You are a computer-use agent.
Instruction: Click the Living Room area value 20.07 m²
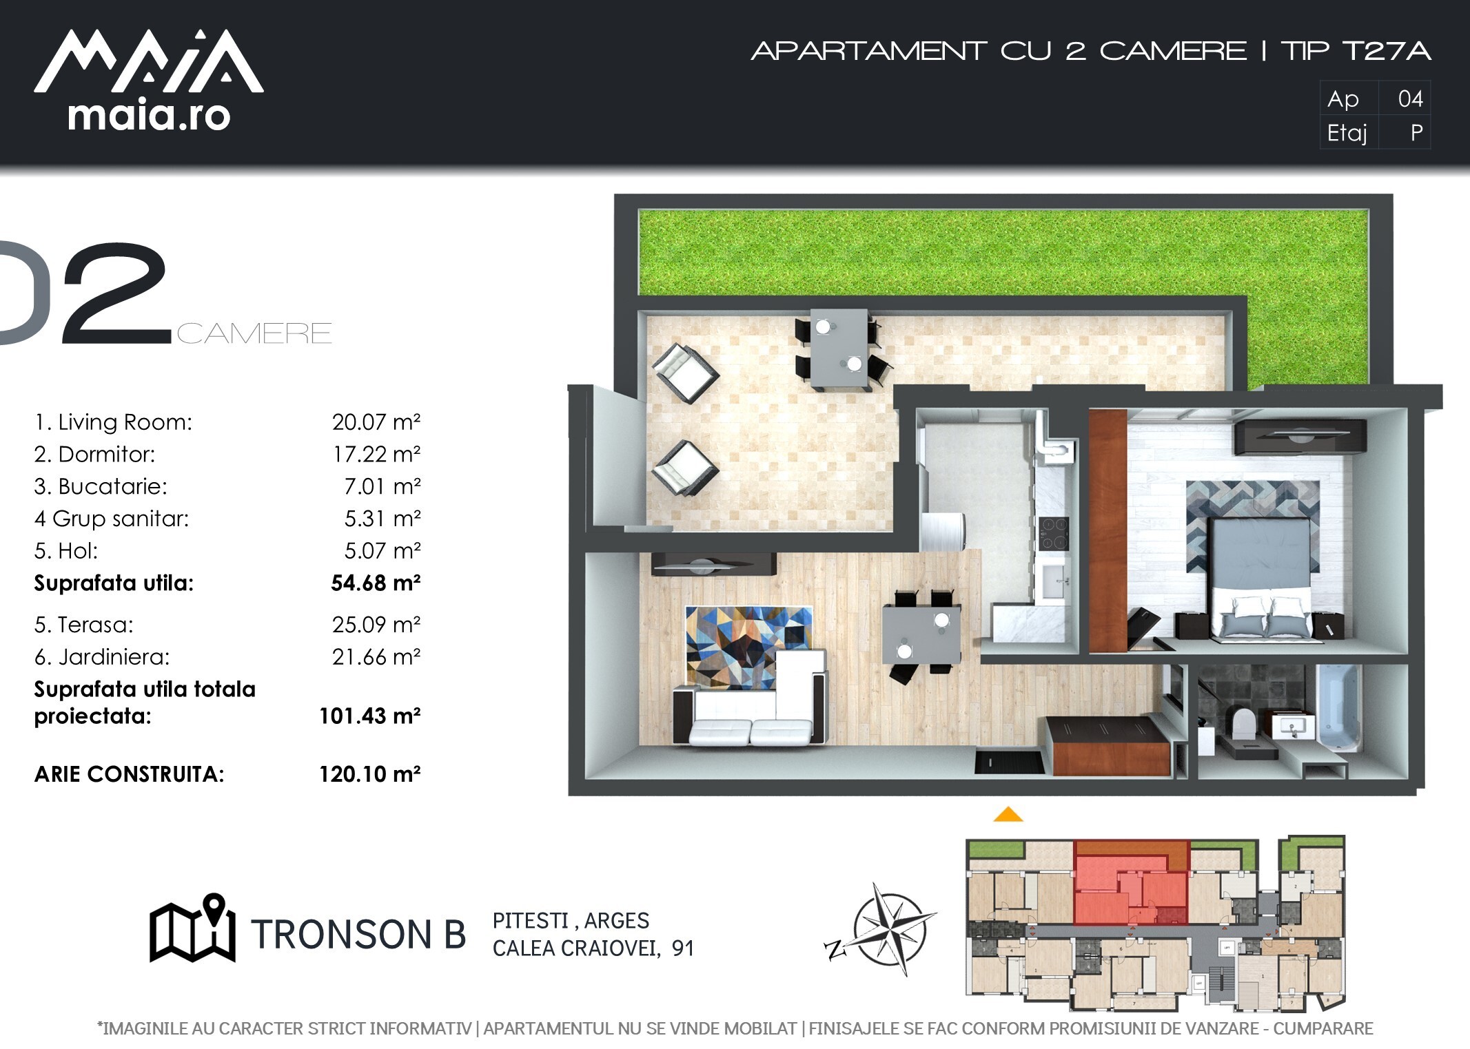point(376,422)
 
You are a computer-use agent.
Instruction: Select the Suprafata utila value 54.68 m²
point(376,583)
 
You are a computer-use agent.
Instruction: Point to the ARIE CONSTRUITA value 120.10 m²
point(370,774)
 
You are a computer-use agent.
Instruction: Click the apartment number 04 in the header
point(1410,99)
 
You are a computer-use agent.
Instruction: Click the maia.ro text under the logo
point(149,116)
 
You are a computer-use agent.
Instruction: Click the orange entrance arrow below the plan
point(1008,814)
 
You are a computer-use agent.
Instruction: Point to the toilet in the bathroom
point(1242,723)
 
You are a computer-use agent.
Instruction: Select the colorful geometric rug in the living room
point(748,647)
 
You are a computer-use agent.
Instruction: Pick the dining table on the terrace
point(838,349)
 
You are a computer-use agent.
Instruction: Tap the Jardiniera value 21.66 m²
point(376,657)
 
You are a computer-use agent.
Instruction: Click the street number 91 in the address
point(682,949)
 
